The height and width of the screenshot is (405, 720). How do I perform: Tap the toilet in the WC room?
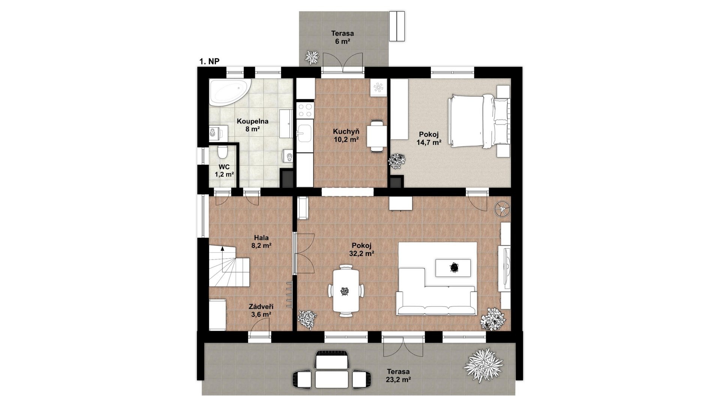[223, 152]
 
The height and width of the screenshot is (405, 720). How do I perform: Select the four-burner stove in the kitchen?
[304, 110]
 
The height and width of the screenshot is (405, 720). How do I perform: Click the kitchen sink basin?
[304, 132]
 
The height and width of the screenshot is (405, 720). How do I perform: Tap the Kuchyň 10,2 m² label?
[346, 135]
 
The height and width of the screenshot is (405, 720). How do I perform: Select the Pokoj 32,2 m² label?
[361, 249]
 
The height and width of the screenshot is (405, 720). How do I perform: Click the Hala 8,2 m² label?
[261, 241]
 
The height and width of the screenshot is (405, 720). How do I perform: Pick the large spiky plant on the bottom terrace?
[483, 365]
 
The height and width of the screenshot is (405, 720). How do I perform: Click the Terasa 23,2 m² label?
[398, 375]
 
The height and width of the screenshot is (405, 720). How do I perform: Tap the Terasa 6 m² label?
[342, 37]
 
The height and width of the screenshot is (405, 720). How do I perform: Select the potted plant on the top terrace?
[312, 57]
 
